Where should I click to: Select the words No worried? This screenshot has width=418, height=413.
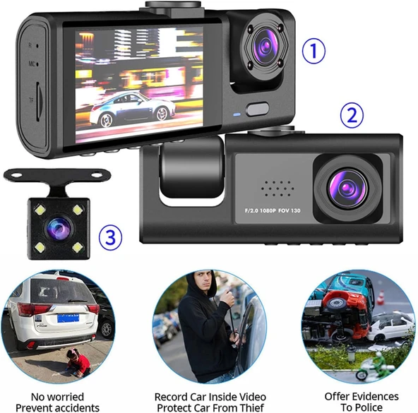(56, 397)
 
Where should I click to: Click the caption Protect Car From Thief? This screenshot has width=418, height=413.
(210, 407)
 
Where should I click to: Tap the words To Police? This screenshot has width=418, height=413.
(361, 407)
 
